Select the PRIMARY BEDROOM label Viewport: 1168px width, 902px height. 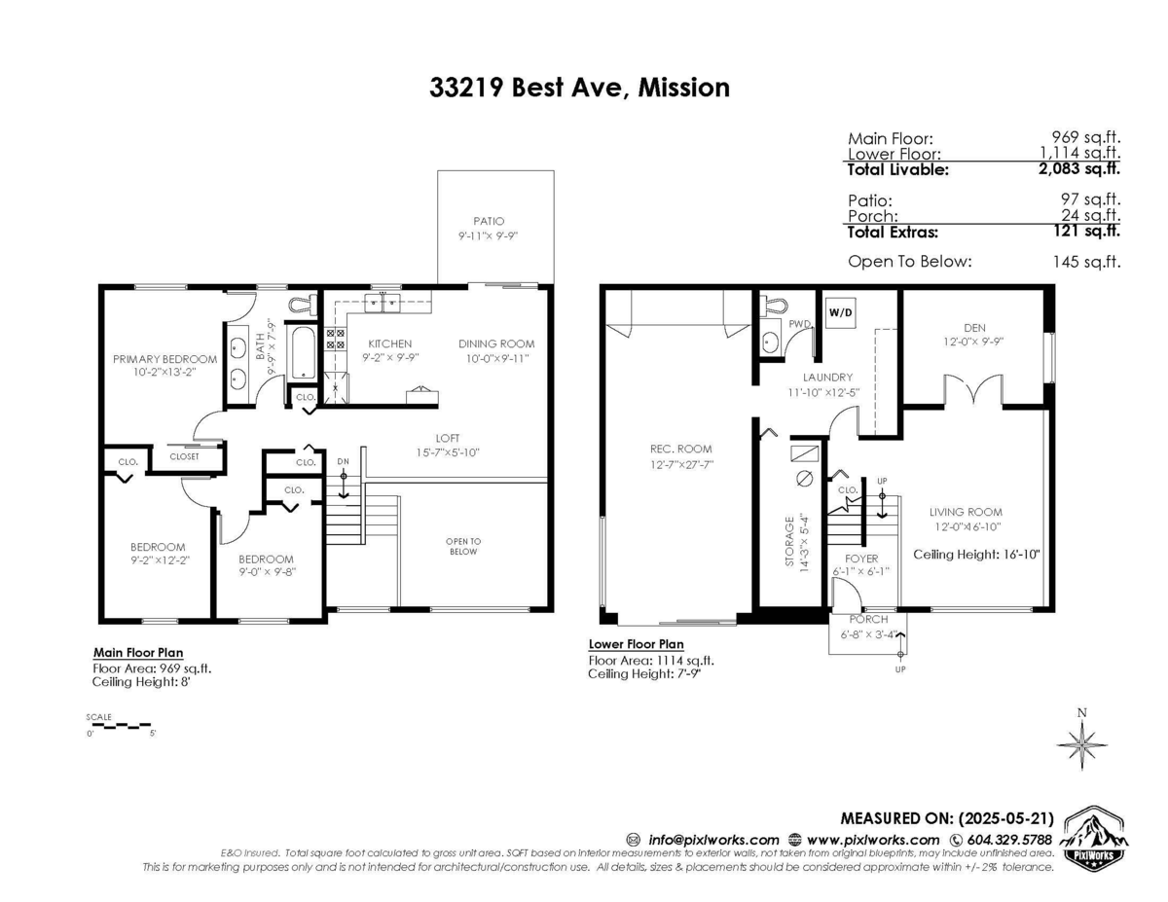point(164,359)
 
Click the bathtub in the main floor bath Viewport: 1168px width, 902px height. point(303,354)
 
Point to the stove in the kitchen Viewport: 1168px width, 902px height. point(335,339)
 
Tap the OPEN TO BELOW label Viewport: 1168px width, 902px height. point(462,546)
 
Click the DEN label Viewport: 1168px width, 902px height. point(974,328)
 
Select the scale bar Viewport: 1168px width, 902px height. point(119,725)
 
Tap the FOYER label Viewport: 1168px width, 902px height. point(861,559)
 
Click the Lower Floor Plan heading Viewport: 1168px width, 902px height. point(636,644)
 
